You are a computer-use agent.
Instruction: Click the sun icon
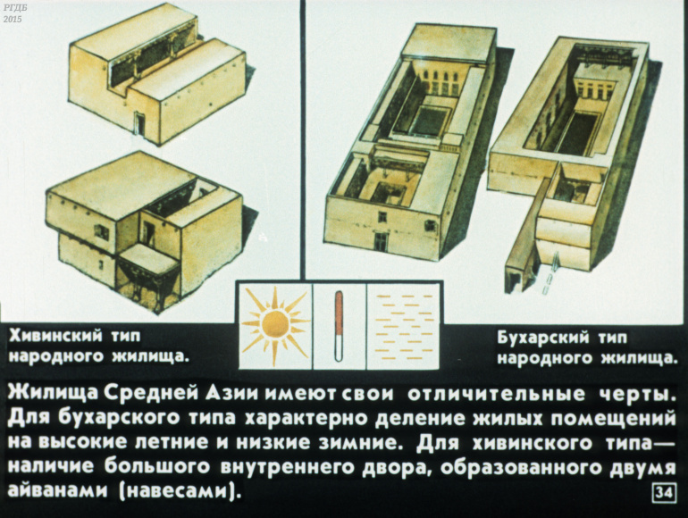click(x=275, y=325)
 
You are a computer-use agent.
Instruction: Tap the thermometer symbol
click(x=339, y=326)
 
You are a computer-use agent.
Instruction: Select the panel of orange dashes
click(x=403, y=326)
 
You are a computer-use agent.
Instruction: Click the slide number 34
click(x=664, y=493)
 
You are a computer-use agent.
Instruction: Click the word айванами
click(x=58, y=489)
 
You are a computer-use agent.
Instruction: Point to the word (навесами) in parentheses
click(x=180, y=491)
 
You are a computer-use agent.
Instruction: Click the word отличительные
click(x=497, y=395)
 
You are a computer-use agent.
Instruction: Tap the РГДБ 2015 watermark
click(x=13, y=14)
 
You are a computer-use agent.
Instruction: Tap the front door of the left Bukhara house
click(x=381, y=242)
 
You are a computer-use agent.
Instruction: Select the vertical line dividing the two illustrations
click(x=302, y=139)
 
